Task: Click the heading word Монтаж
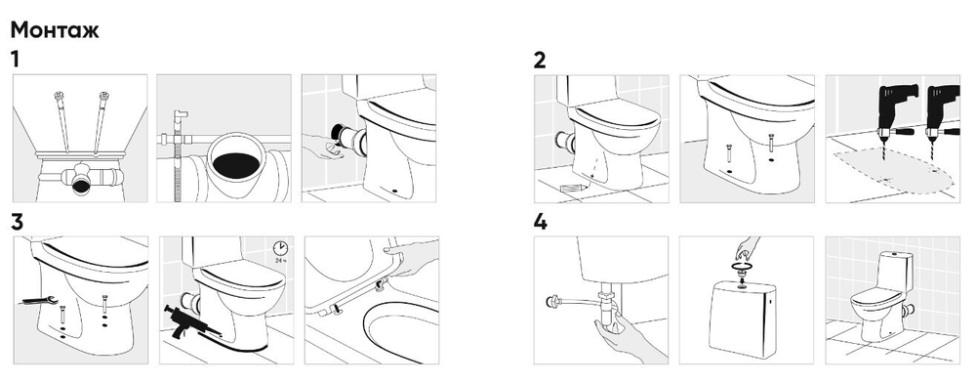click(55, 30)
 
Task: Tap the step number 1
click(15, 60)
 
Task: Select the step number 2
click(540, 61)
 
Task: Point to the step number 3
click(18, 223)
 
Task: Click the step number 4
click(541, 222)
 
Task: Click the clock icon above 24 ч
click(280, 247)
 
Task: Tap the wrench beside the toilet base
click(40, 301)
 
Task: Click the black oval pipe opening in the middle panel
click(236, 164)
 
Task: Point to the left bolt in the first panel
click(62, 121)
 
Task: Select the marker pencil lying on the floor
click(573, 188)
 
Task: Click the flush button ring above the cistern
click(742, 267)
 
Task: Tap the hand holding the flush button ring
click(747, 248)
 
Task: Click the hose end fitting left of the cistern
click(551, 302)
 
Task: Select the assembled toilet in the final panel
click(880, 297)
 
